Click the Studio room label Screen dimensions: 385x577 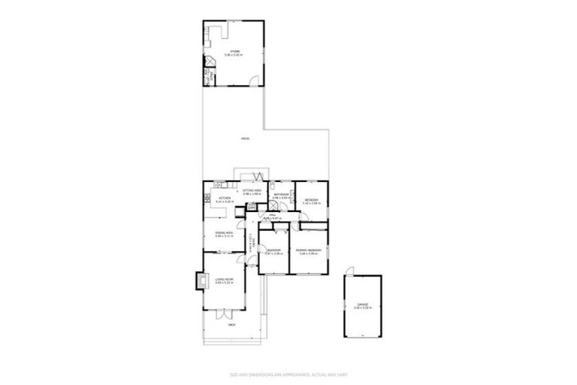point(235,53)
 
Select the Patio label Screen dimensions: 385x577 point(245,139)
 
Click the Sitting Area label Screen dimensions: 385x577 point(252,192)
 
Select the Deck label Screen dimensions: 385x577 point(232,325)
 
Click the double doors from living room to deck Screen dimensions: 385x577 point(224,311)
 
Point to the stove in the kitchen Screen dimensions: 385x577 point(207,199)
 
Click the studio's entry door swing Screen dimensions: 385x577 point(258,79)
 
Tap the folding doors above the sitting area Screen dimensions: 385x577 point(258,176)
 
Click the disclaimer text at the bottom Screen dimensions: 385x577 point(288,374)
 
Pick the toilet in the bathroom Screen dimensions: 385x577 point(274,185)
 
